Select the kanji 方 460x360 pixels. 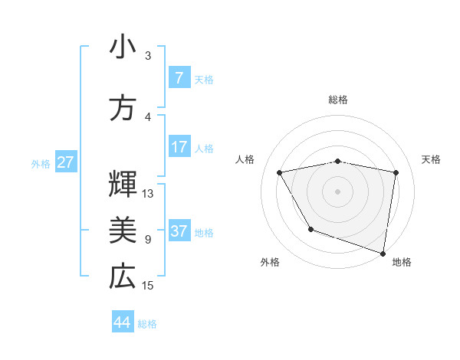122,108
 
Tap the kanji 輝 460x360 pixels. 122,183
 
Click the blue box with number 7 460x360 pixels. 179,78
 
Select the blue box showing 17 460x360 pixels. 179,147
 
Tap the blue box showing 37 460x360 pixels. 179,231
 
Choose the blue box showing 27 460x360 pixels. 65,162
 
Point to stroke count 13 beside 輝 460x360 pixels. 148,194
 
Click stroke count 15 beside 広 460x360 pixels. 148,286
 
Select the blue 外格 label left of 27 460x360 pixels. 41,163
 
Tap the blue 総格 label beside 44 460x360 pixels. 147,324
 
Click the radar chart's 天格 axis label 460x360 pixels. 432,159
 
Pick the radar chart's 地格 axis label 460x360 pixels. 402,262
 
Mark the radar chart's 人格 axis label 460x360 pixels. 245,159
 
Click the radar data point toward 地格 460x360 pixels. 383,252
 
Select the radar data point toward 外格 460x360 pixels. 310,228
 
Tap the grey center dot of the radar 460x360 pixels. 338,191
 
